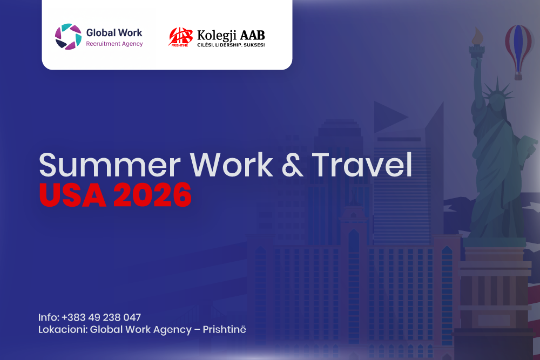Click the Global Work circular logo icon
pos(68,37)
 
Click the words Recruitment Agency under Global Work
pos(114,44)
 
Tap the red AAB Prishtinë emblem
pos(180,37)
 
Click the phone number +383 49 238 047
pos(101,317)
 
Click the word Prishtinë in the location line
pos(224,329)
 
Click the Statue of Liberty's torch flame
pos(476,37)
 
